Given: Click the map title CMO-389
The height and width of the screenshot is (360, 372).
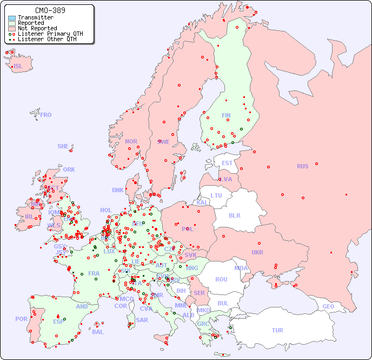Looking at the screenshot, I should coord(50,10).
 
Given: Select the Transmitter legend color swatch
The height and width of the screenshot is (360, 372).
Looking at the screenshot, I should coord(12,18).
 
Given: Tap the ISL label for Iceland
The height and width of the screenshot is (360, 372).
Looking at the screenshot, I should coord(18,67).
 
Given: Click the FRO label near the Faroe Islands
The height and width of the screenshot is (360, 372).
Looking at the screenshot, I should coord(46,115).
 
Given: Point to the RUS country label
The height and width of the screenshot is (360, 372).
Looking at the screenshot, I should coord(302,166).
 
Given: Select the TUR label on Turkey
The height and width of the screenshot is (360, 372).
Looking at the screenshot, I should coord(277,330).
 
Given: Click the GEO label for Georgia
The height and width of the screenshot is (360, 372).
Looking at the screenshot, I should coord(328,306).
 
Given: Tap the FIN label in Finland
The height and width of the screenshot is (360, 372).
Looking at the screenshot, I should coord(226,115).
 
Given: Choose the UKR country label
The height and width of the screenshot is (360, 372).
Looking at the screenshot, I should coord(257,252).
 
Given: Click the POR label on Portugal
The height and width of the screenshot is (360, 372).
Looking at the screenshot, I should coord(21,319).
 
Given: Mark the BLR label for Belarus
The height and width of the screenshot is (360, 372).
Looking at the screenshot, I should coord(234,215).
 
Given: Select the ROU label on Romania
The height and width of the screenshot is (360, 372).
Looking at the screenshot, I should coord(221,279).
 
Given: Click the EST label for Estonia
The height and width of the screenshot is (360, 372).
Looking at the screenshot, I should coord(227,163).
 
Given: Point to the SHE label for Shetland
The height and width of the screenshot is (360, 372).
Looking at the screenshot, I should coord(63,146).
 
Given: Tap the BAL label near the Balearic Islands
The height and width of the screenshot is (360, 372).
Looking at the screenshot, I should coord(98,332).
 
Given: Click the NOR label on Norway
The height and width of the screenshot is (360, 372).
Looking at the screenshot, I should coord(131,141).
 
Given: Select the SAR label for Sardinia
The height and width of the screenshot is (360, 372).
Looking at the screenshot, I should coord(142,320).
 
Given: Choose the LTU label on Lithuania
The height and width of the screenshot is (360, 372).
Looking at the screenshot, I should coord(216,195).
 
